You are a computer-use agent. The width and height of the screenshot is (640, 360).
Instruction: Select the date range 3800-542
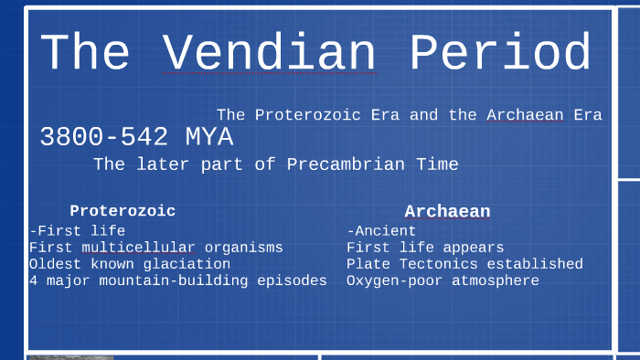[104, 138]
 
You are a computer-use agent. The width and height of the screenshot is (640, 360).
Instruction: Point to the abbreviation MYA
[209, 138]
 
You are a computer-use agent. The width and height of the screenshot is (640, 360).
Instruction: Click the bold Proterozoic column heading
[123, 211]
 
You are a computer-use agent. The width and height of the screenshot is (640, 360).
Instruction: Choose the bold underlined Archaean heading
[447, 211]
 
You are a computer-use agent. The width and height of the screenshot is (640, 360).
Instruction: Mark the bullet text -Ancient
[381, 231]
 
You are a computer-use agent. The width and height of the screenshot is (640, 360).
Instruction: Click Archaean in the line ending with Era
[525, 115]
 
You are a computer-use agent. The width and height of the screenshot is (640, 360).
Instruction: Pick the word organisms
[244, 248]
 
